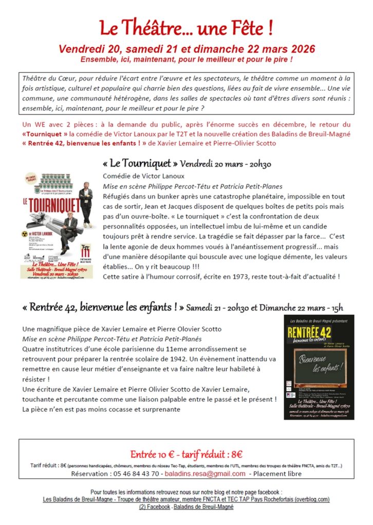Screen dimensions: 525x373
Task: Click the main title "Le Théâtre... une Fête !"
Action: pyautogui.click(x=186, y=28)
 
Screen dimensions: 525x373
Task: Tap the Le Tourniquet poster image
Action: pyautogui.click(x=57, y=225)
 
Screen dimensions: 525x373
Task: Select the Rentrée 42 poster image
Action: pyautogui.click(x=319, y=367)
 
